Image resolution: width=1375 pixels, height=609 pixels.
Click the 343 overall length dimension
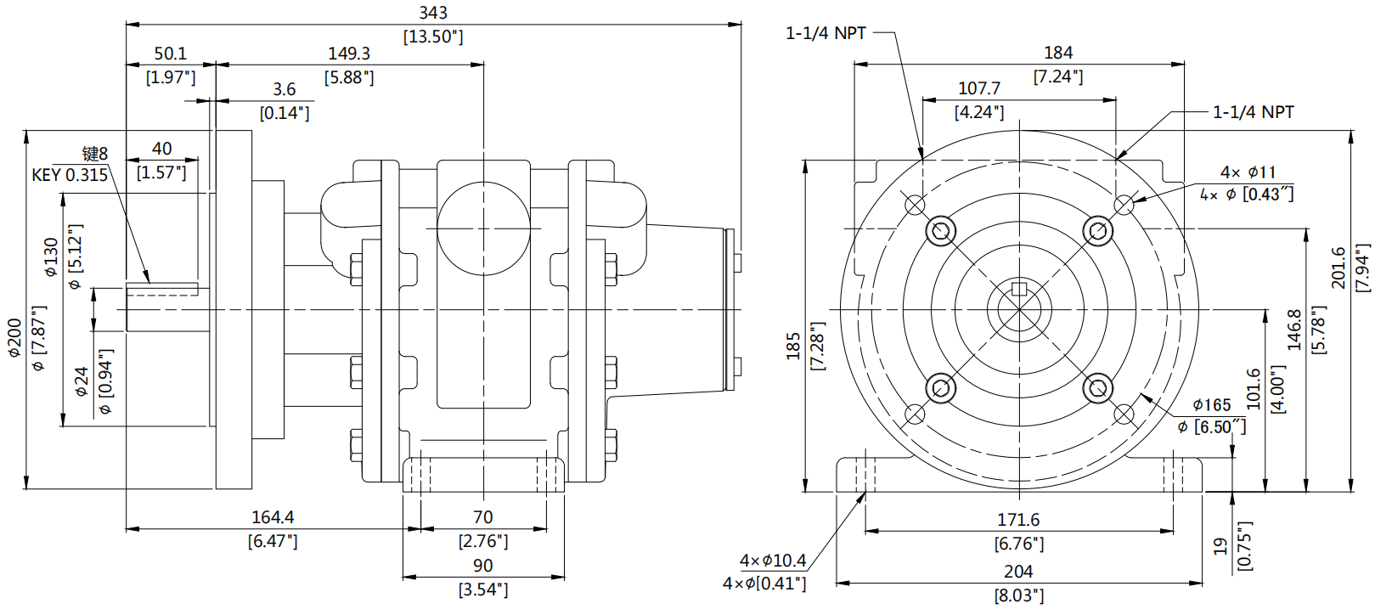[x=433, y=14]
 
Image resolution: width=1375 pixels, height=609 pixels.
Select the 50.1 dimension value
[x=170, y=54]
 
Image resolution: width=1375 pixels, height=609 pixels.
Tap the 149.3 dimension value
[x=349, y=54]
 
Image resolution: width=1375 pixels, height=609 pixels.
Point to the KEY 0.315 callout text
[x=70, y=175]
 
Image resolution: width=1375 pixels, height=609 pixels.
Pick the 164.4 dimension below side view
[x=273, y=517]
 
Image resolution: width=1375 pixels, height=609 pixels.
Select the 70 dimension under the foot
[x=482, y=517]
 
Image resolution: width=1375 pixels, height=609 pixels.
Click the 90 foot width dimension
[x=482, y=566]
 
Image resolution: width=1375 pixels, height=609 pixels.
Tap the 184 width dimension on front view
[x=1058, y=53]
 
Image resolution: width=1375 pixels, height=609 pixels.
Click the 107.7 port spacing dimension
[x=979, y=88]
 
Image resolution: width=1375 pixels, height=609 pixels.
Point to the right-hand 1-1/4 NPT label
[x=1253, y=112]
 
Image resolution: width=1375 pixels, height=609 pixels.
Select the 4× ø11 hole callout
[x=1248, y=172]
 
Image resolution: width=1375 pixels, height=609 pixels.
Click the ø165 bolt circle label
[x=1212, y=405]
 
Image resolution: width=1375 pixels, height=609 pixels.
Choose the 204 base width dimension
[x=1018, y=572]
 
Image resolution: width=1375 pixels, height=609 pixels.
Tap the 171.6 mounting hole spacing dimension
[x=1018, y=520]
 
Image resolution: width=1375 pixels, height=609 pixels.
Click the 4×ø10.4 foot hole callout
[x=772, y=561]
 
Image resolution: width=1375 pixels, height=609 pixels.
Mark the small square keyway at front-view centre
[x=1019, y=289]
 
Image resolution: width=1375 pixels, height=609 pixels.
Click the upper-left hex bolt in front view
[x=940, y=230]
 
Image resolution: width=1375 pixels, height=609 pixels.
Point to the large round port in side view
[x=482, y=228]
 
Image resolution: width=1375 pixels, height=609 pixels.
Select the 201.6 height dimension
[x=1338, y=267]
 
